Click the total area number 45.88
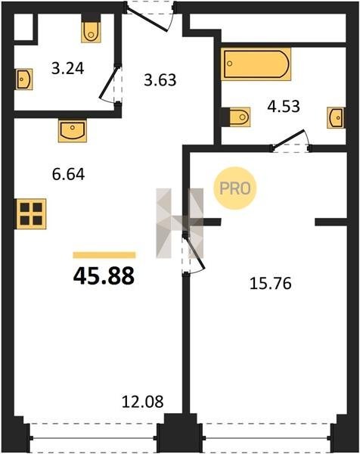104,276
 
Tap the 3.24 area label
68,69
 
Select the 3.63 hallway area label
160,80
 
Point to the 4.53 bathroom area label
284,106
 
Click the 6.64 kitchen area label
68,175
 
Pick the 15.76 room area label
270,284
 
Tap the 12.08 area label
142,402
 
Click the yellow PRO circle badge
235,188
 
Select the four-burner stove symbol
31,214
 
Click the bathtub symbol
256,64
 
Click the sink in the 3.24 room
24,79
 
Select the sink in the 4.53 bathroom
336,117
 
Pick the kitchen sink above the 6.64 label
73,131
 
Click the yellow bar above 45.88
104,255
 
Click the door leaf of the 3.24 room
109,83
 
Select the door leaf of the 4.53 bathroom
288,140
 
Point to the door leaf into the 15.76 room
194,253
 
